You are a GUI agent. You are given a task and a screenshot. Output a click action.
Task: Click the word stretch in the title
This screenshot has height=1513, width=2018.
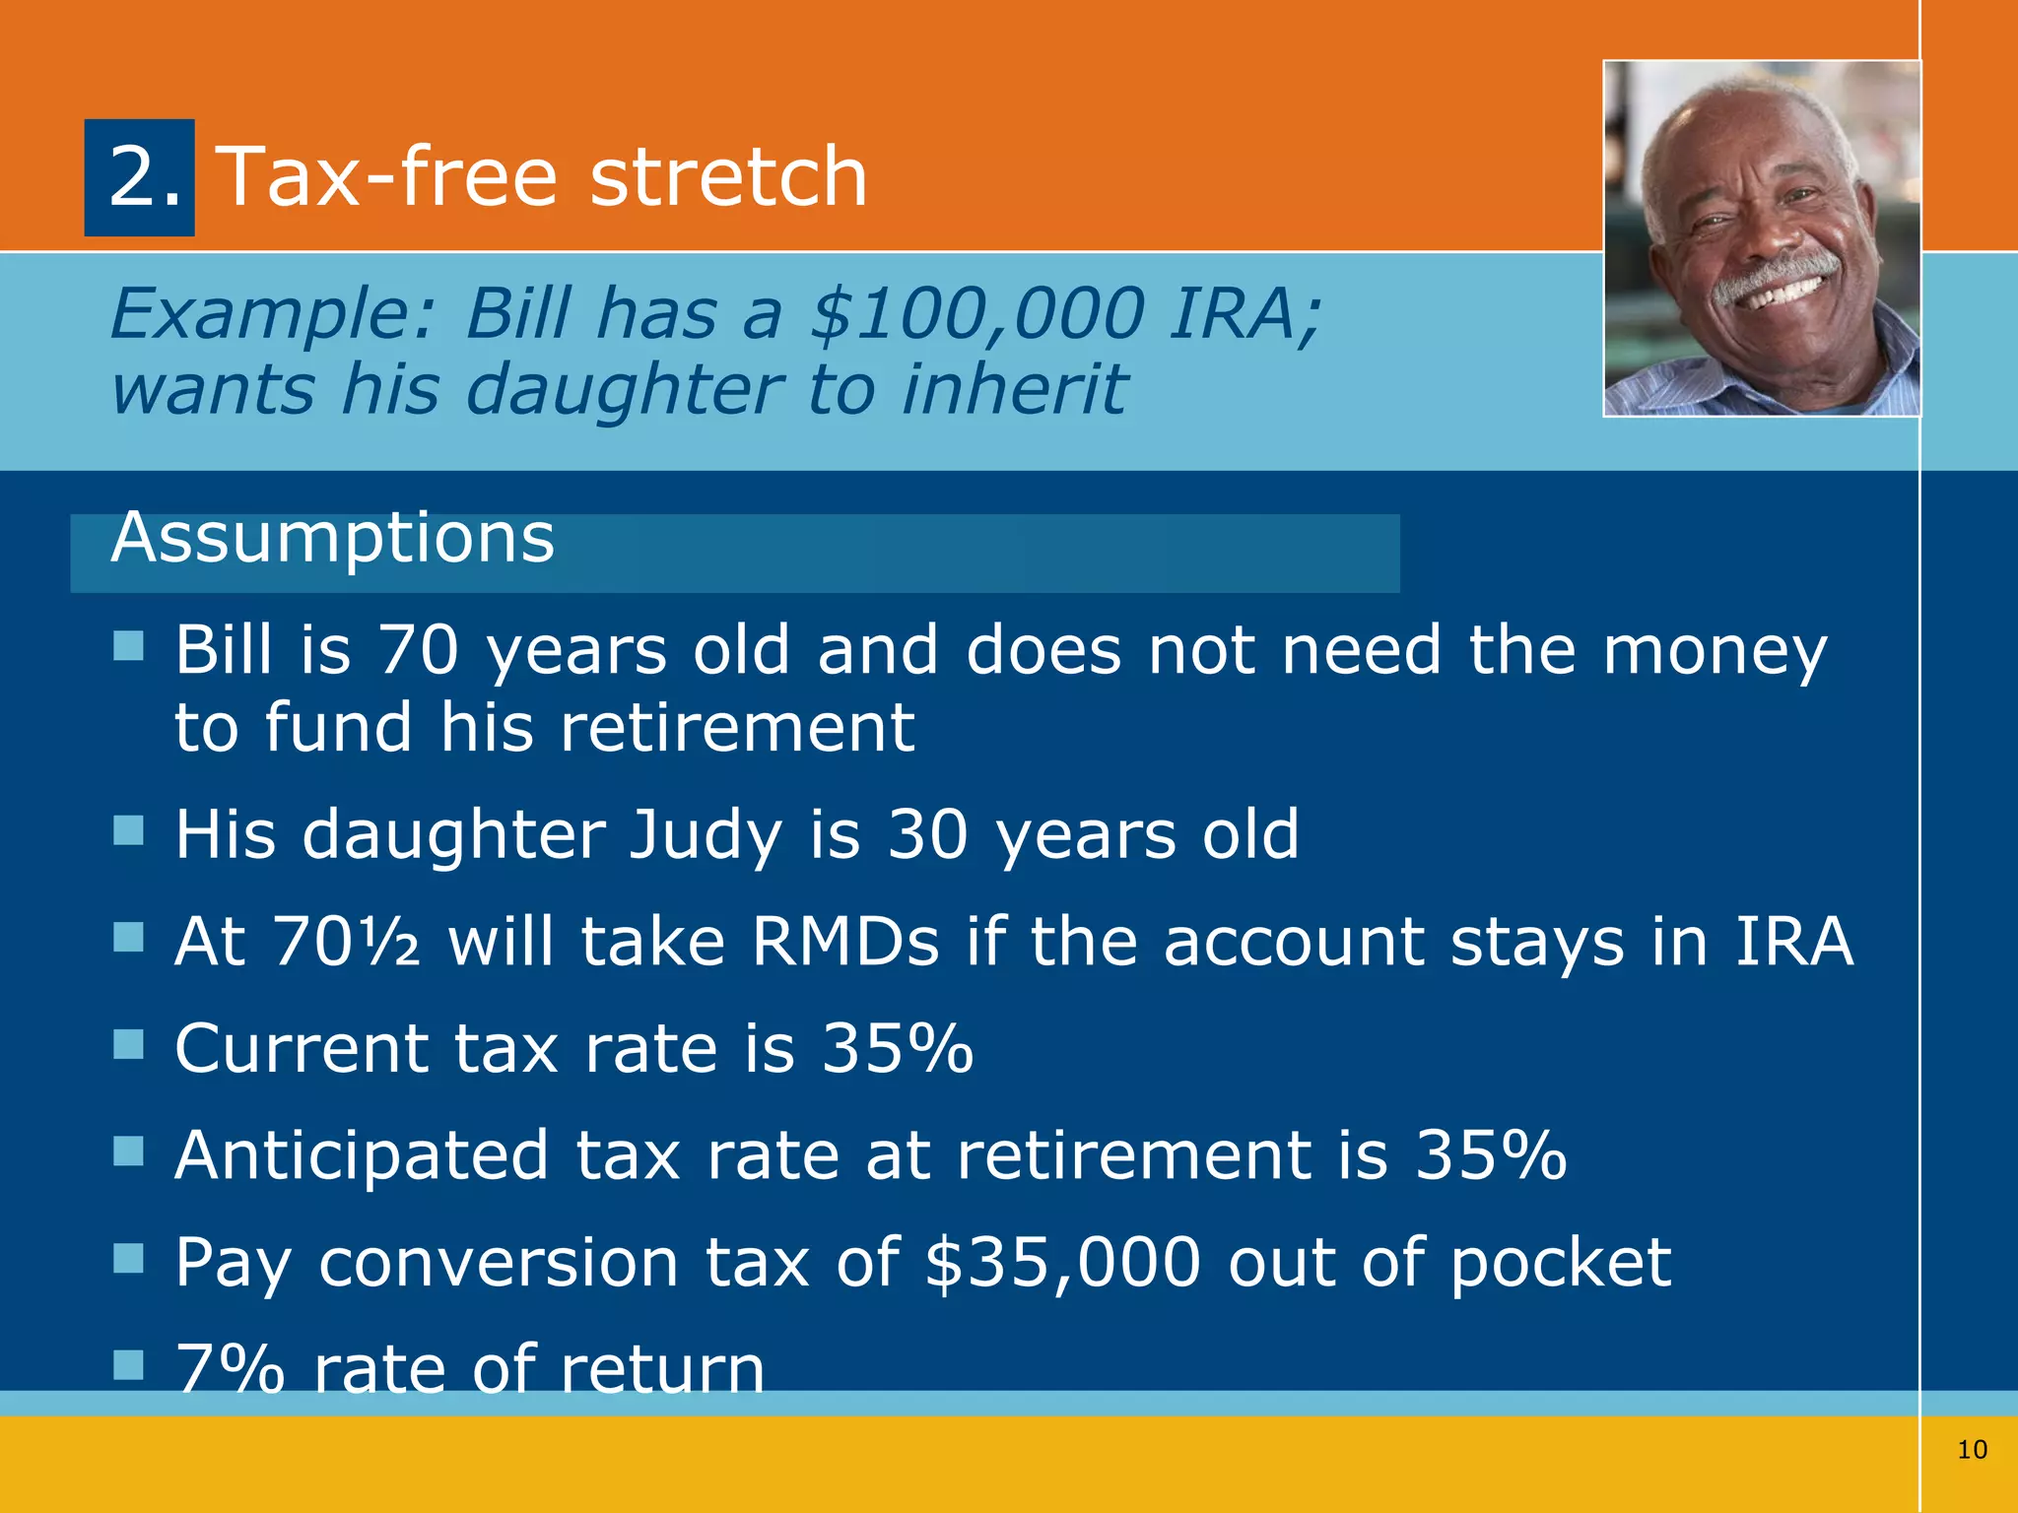pyautogui.click(x=728, y=177)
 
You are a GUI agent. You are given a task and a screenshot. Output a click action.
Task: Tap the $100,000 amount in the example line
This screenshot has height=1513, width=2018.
pyautogui.click(x=976, y=314)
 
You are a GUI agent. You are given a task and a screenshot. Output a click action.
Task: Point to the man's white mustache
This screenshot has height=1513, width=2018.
pyautogui.click(x=1774, y=276)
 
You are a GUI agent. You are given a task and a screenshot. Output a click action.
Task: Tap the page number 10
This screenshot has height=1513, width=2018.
pyautogui.click(x=1972, y=1450)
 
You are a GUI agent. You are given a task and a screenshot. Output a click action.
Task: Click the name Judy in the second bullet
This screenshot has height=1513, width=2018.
pyautogui.click(x=706, y=835)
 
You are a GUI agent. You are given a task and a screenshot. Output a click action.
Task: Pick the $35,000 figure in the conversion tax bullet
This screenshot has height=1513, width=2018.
pyautogui.click(x=1063, y=1263)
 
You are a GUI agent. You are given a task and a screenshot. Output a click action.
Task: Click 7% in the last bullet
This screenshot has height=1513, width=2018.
pyautogui.click(x=230, y=1369)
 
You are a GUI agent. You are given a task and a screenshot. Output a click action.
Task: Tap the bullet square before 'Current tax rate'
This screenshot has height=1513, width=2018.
pyautogui.click(x=128, y=1044)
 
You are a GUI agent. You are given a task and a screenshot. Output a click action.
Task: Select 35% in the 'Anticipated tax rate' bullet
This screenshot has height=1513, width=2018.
pyautogui.click(x=1490, y=1154)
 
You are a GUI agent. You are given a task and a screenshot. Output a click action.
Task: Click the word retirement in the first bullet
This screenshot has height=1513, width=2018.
pyautogui.click(x=737, y=729)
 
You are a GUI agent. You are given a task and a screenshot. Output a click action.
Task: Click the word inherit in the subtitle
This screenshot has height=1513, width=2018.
pyautogui.click(x=1014, y=389)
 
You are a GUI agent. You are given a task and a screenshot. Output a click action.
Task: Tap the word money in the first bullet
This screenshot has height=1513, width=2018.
pyautogui.click(x=1715, y=652)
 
